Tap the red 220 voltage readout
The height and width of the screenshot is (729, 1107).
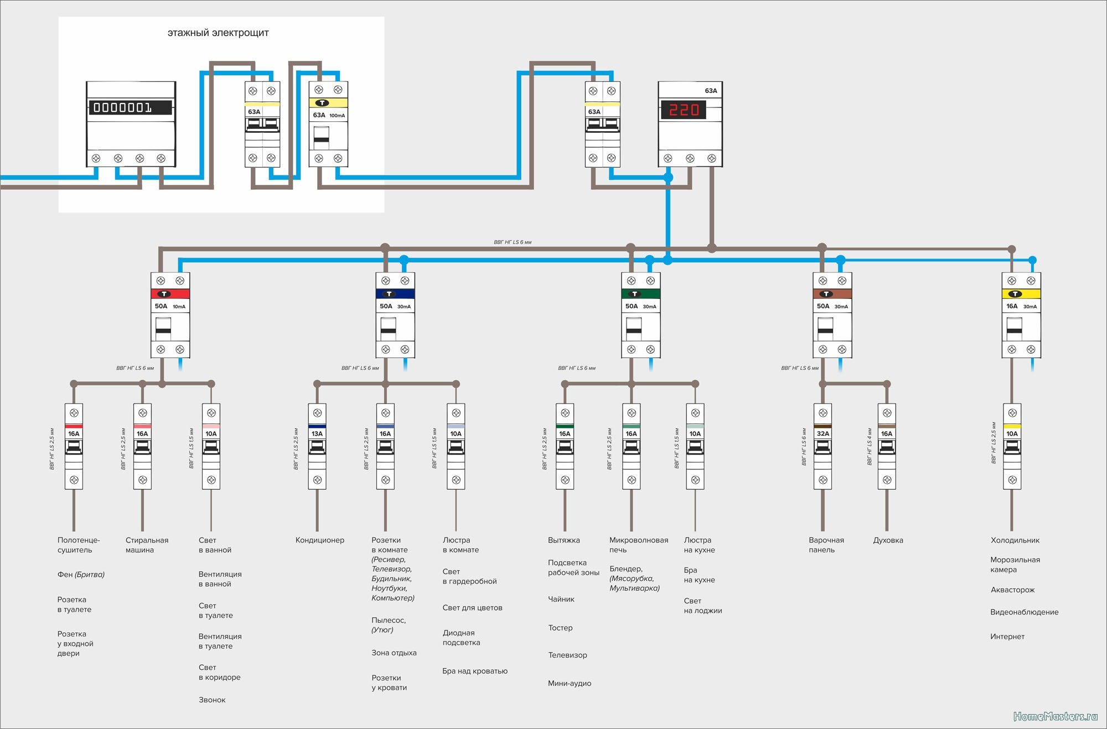pyautogui.click(x=684, y=110)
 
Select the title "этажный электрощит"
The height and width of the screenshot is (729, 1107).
pyautogui.click(x=218, y=33)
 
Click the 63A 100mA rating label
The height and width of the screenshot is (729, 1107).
pyautogui.click(x=329, y=115)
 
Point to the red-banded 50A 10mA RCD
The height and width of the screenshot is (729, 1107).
pyautogui.click(x=170, y=314)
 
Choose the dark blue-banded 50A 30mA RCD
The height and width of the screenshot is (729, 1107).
pyautogui.click(x=395, y=314)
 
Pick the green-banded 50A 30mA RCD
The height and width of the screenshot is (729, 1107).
pyautogui.click(x=641, y=314)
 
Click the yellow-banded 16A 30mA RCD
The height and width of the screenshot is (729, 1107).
pyautogui.click(x=1021, y=314)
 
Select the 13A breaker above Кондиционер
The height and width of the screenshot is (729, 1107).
pyautogui.click(x=317, y=446)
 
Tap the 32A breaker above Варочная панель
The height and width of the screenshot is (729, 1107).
pyautogui.click(x=823, y=446)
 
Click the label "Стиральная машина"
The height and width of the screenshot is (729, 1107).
pyautogui.click(x=147, y=545)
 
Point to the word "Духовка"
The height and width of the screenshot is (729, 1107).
pyautogui.click(x=888, y=540)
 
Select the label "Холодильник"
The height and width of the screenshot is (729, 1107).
pyautogui.click(x=1015, y=540)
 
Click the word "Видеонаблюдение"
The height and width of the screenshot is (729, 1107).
pyautogui.click(x=1024, y=612)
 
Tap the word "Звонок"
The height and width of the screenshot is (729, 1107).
pyautogui.click(x=212, y=700)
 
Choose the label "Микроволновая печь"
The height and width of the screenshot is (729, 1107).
pyautogui.click(x=639, y=545)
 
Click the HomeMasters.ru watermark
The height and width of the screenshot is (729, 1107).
pyautogui.click(x=1055, y=716)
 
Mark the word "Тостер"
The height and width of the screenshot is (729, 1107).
pyautogui.click(x=560, y=628)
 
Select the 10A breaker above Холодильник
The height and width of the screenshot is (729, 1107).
pyautogui.click(x=1012, y=446)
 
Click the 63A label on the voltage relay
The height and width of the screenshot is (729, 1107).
pyautogui.click(x=711, y=91)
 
